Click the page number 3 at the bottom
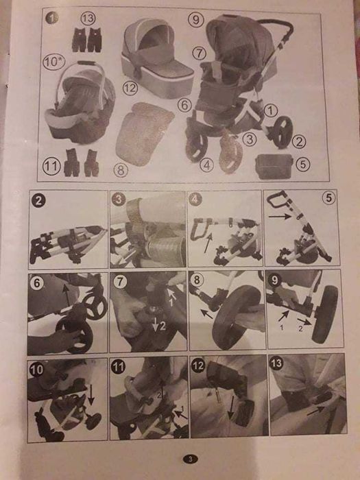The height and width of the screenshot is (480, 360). coord(191,459)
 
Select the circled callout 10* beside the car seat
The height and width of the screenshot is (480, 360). coord(54,62)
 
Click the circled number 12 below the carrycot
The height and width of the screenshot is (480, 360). coord(130,88)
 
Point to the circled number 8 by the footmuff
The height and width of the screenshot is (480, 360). coord(121,170)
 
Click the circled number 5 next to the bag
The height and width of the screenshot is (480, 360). coord(303,165)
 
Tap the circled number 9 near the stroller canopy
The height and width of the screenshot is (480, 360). coord(196,20)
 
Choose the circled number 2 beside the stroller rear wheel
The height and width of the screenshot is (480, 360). coord(299,141)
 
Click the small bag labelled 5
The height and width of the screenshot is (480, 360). coord(274,166)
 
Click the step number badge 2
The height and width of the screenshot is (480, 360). coord(38,200)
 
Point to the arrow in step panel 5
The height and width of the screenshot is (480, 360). coord(280,217)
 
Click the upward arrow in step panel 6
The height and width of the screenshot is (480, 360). coord(67,296)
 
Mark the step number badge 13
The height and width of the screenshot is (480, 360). coord(276,363)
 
